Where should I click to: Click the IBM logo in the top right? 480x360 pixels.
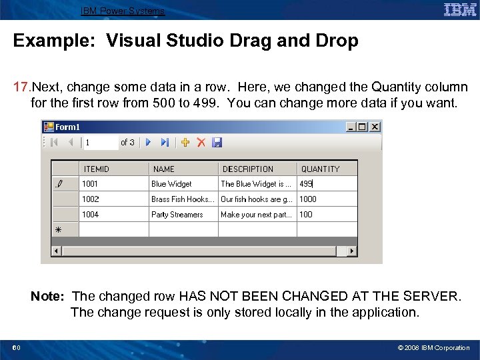click(x=460, y=9)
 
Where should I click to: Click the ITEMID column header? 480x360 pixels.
click(x=97, y=169)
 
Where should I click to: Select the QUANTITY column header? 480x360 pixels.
click(x=320, y=169)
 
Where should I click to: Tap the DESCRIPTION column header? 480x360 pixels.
click(x=248, y=169)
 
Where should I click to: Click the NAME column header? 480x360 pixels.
click(x=164, y=169)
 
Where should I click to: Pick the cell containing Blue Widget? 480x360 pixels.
click(x=171, y=184)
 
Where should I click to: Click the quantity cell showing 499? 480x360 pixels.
click(x=307, y=184)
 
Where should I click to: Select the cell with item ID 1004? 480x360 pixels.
click(x=91, y=215)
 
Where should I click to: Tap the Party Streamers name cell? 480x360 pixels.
click(x=177, y=215)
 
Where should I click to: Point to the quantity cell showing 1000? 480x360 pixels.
click(x=308, y=199)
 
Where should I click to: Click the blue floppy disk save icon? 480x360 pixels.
click(x=217, y=142)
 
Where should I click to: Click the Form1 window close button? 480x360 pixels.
click(x=375, y=127)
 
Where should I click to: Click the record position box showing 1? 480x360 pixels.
click(x=99, y=142)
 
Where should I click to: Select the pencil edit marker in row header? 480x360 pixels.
click(x=58, y=184)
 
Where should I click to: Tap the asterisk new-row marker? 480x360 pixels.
click(x=58, y=229)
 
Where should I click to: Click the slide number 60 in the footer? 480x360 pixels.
click(x=16, y=348)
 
